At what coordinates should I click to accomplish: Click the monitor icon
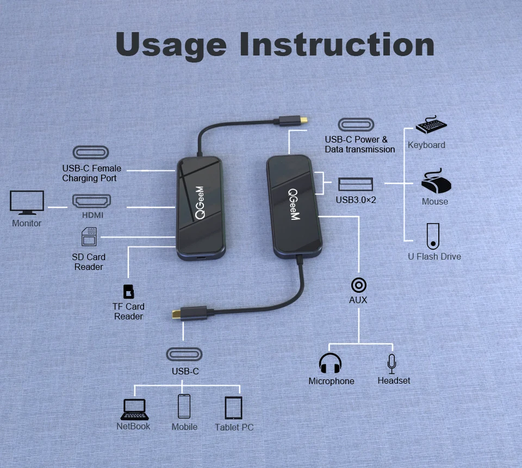coord(27,203)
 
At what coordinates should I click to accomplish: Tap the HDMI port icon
coord(91,201)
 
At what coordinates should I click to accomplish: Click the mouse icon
coord(436,182)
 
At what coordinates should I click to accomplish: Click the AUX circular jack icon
coord(358,285)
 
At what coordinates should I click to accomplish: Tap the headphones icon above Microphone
coord(330,364)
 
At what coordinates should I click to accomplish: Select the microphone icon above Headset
coord(391,364)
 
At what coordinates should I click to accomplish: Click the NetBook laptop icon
coord(134,409)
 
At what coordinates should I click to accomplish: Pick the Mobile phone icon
coord(184,406)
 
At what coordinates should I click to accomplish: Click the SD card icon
coord(89,238)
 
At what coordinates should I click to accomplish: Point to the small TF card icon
coord(129,292)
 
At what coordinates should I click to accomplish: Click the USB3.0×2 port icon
coord(356,184)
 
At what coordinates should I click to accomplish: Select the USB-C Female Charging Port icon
coord(91,152)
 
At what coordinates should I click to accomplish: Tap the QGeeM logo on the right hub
coord(294,205)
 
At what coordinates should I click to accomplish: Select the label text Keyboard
coord(426,145)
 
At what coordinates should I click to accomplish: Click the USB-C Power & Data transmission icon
coord(356,125)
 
